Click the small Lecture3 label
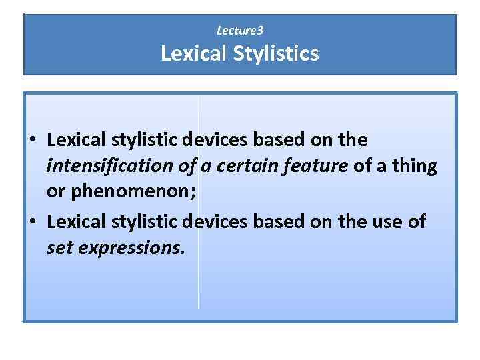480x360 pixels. click(240, 31)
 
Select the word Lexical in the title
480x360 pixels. click(193, 54)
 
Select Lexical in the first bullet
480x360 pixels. click(75, 141)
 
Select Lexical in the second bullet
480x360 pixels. click(75, 222)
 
